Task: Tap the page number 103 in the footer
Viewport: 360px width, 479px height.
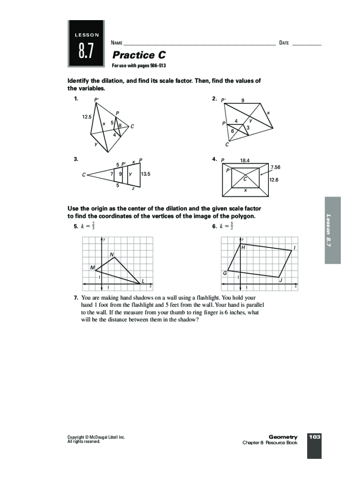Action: (314, 437)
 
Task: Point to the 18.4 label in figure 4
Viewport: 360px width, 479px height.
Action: (245, 160)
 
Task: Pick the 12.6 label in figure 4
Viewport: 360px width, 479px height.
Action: (273, 180)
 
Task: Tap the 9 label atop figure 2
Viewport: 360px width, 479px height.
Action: (243, 100)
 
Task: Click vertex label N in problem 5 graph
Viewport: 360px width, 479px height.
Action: (112, 254)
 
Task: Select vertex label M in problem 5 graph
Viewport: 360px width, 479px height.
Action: (93, 268)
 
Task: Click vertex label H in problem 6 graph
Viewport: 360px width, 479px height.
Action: (243, 248)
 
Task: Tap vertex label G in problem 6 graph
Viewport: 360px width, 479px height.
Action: (225, 273)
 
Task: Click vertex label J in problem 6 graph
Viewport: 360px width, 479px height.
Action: (280, 281)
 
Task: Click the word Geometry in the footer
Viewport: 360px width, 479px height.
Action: (283, 437)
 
